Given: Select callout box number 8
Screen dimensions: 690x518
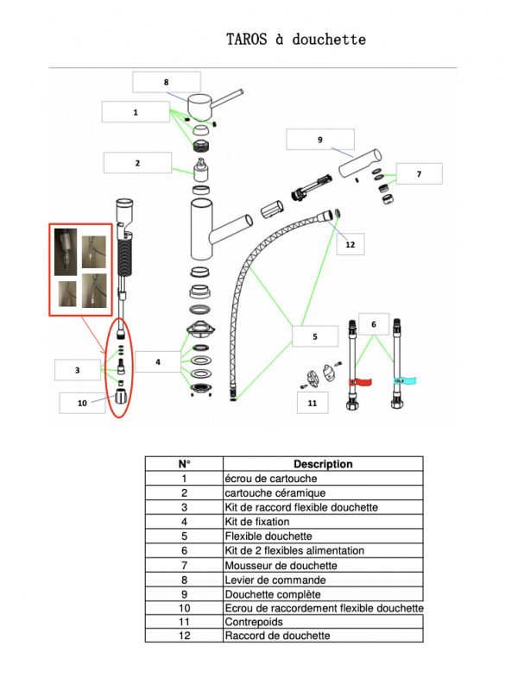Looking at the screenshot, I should pos(166,82).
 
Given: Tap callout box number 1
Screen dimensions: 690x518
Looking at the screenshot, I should pos(135,112).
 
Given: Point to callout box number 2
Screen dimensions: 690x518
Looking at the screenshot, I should pos(136,162).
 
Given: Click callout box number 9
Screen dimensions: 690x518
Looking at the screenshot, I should pos(319,139).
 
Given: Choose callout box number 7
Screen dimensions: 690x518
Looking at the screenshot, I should pos(419,174).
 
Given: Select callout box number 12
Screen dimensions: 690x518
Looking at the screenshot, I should pos(350,245).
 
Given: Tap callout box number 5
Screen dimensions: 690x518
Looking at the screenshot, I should pos(314,336).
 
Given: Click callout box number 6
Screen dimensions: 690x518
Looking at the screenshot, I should pos(374,324).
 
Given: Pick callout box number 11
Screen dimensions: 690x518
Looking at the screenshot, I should pos(312,402).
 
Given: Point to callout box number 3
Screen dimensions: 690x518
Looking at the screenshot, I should pos(77,370).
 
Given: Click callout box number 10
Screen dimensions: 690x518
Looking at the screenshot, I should pos(82,402).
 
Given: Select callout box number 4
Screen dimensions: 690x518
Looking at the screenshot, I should pos(158,363).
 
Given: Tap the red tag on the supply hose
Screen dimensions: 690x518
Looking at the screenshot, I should pos(357,381).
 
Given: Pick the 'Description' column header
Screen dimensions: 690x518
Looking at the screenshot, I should pos(323,464).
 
